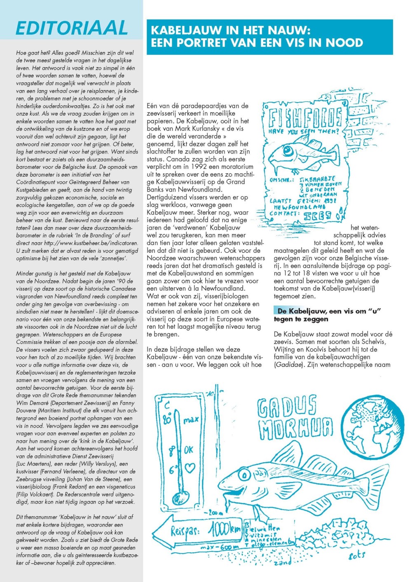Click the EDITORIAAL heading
tap(72, 28)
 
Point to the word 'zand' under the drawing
tap(283, 561)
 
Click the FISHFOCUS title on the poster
tap(305, 118)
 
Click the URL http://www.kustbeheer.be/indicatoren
tap(91, 243)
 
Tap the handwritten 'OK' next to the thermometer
tap(188, 450)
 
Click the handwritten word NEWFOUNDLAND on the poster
tap(300, 207)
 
